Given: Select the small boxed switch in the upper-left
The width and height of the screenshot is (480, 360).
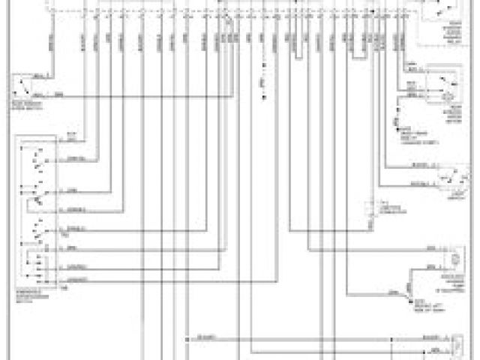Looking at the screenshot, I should (24, 87).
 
